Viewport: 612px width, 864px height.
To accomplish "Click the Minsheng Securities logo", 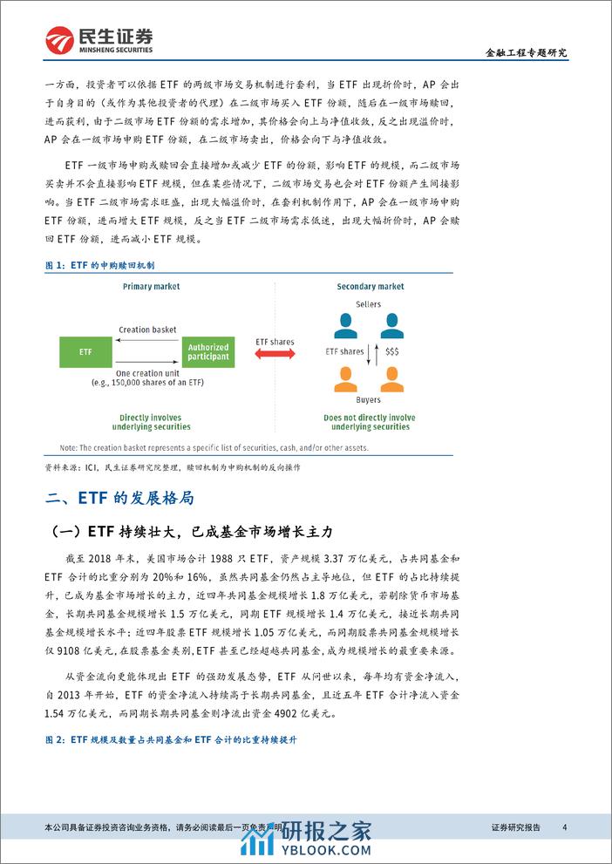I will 99,38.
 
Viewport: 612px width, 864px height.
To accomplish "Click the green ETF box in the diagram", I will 85,351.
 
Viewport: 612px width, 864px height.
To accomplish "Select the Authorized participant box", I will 208,351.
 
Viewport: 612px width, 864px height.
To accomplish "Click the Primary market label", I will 151,287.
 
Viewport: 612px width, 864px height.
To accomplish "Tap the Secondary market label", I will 371,287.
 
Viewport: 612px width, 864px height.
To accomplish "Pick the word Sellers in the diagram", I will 370,304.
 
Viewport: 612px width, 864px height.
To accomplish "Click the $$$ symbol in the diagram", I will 391,351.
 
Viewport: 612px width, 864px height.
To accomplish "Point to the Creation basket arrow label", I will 147,330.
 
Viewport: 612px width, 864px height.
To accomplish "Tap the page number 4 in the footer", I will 565,827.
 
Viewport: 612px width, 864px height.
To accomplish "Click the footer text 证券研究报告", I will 516,827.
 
